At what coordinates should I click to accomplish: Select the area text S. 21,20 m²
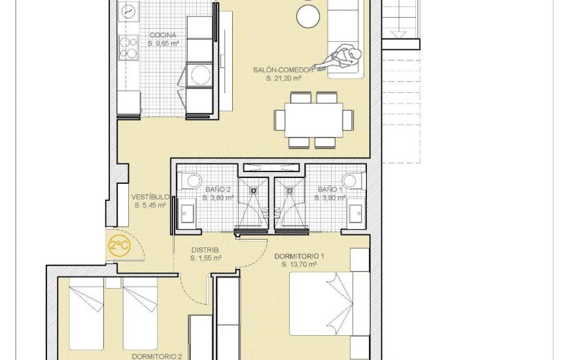(283, 78)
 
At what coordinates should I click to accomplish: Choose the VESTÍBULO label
(150, 196)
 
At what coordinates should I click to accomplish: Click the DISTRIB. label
(205, 249)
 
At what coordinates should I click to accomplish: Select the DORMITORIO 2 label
(156, 357)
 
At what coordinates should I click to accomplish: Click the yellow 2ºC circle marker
(119, 247)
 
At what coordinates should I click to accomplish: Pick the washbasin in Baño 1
(356, 212)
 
